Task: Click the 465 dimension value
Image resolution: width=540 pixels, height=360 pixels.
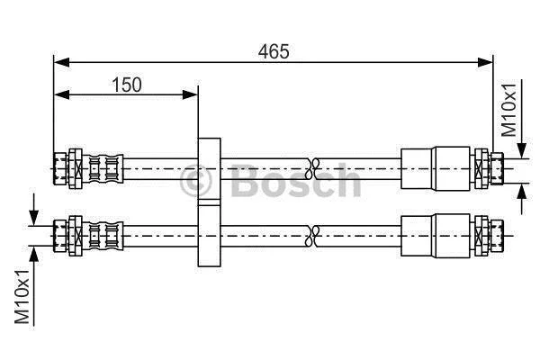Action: click(x=274, y=51)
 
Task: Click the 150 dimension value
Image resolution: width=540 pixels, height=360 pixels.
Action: click(x=127, y=85)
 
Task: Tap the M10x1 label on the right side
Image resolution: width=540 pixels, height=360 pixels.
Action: click(x=509, y=110)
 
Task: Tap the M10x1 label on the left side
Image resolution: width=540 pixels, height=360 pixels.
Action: click(x=22, y=297)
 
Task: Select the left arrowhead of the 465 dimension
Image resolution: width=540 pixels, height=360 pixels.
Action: click(x=61, y=62)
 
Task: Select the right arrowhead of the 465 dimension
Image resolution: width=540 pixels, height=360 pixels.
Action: click(x=485, y=62)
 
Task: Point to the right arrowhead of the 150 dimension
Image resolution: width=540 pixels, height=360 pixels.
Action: click(x=190, y=94)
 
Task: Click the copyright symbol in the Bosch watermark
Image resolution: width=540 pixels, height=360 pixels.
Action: click(x=195, y=181)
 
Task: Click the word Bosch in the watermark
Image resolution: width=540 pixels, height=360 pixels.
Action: click(x=295, y=181)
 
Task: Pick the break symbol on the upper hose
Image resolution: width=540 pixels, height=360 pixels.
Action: click(x=312, y=168)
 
